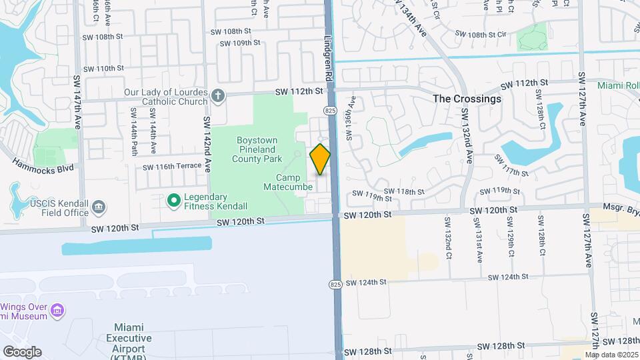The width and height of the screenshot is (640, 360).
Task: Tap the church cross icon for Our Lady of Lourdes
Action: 217,95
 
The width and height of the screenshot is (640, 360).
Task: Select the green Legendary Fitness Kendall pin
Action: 174,199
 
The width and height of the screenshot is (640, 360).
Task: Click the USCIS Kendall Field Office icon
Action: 99,207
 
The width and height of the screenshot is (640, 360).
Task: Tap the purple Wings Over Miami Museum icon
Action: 58,311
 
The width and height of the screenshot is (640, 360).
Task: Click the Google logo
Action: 22,352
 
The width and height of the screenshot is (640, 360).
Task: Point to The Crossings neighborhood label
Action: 467,99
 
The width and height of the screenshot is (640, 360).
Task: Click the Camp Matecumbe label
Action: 295,182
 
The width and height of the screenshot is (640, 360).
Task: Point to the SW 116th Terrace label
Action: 173,166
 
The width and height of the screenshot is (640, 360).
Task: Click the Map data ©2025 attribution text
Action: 611,354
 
